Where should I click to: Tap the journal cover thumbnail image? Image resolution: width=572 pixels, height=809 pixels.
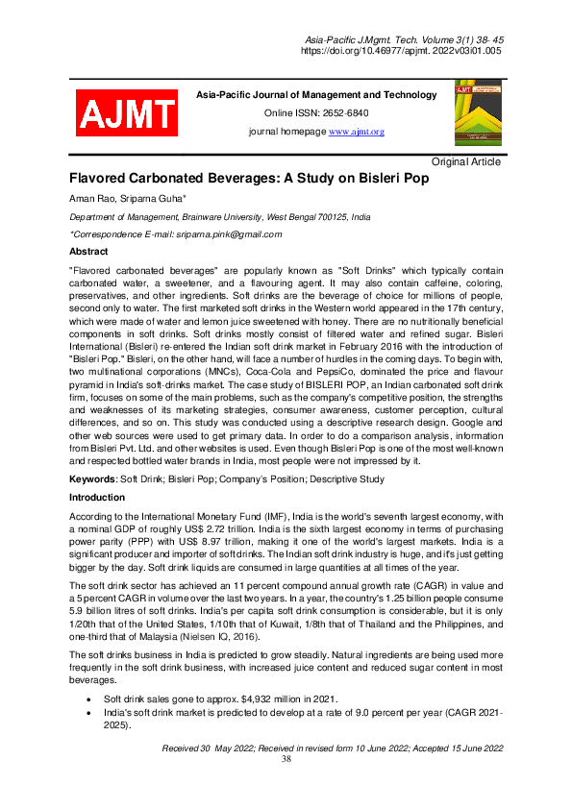click(x=471, y=113)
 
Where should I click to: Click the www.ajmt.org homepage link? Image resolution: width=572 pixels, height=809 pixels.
click(x=357, y=132)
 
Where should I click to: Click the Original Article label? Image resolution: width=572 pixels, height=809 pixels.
click(x=466, y=161)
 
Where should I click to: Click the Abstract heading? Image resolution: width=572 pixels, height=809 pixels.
click(x=88, y=252)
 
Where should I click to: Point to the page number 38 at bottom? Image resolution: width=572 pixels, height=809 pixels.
click(x=286, y=759)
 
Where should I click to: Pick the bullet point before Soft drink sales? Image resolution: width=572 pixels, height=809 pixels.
click(x=89, y=699)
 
